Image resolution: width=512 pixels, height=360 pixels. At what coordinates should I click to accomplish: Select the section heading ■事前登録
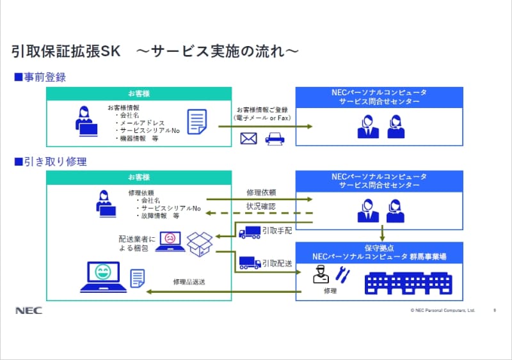[x=40, y=77]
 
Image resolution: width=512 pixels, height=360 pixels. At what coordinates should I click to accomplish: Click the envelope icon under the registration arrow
[x=248, y=139]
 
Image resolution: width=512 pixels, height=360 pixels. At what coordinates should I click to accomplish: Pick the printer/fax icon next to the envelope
[x=275, y=139]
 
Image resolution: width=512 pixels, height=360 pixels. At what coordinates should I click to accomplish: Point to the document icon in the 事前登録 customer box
[x=196, y=121]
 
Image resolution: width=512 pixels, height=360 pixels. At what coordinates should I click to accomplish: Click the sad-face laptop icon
[x=170, y=240]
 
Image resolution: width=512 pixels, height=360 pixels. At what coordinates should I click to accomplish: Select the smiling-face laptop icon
[x=103, y=276]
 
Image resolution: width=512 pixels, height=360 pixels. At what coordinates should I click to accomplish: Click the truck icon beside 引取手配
[x=249, y=232]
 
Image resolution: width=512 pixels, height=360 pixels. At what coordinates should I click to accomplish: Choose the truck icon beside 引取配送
[x=249, y=262]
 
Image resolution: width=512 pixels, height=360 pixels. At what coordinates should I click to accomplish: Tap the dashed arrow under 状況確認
[x=262, y=214]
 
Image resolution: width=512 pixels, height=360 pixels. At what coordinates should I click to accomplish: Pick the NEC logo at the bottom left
[x=28, y=311]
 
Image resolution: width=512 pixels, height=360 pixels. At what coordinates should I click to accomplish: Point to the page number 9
[x=494, y=311]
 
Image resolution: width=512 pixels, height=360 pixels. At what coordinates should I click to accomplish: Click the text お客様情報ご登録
[x=261, y=109]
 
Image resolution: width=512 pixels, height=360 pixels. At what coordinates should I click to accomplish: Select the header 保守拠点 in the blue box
[x=380, y=247]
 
